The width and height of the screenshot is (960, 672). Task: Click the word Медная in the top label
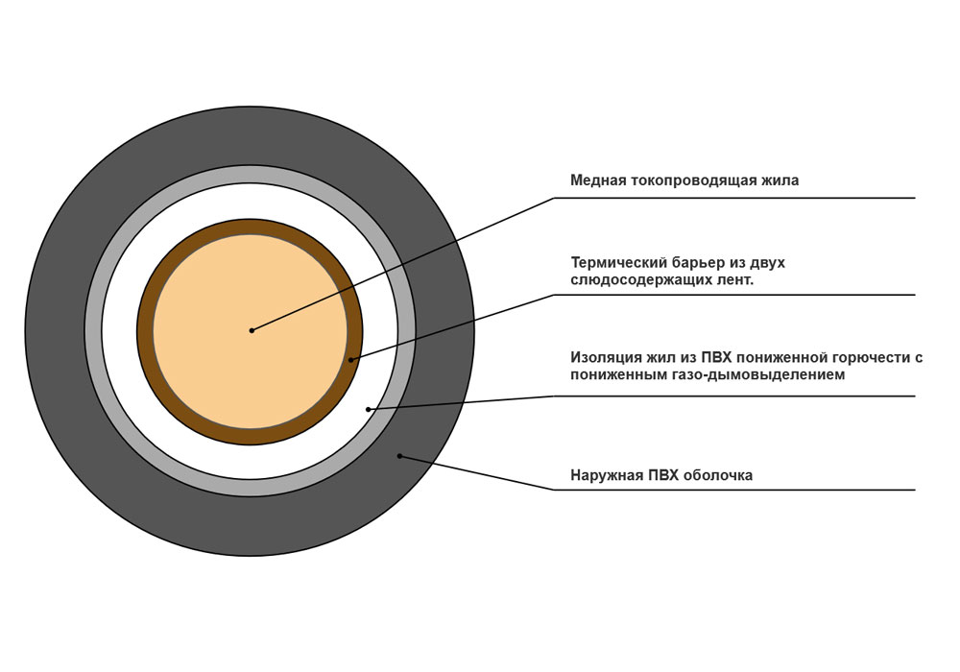point(598,180)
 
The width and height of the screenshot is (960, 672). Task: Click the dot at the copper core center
point(252,330)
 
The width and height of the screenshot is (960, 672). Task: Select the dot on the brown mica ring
point(350,359)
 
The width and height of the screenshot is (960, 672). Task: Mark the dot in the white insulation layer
point(368,409)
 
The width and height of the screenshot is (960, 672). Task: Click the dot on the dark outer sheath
point(399,456)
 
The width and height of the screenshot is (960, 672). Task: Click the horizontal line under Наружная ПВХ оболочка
point(734,490)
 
